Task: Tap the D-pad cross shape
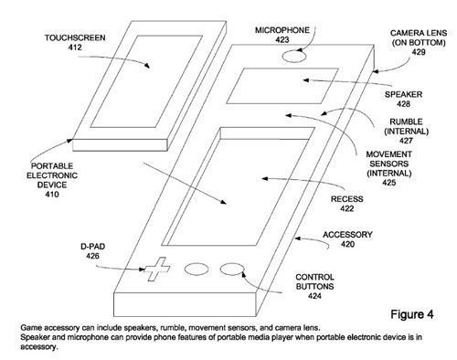tap(157, 270)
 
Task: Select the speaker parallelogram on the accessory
tap(282, 86)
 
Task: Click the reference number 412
tap(75, 48)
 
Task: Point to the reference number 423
tap(282, 40)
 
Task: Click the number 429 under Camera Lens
tap(419, 52)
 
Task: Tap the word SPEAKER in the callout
tap(403, 94)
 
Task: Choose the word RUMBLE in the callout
tap(406, 122)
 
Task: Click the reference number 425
tap(389, 183)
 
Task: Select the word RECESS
tap(347, 199)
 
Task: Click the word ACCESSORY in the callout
tap(347, 235)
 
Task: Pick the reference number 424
tap(314, 296)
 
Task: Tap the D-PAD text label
tap(92, 247)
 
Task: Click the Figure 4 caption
tap(412, 314)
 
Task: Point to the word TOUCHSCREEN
tap(75, 38)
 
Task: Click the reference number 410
tap(52, 195)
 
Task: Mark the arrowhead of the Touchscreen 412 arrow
tap(147, 66)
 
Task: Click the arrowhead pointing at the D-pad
tap(142, 270)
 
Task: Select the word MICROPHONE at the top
tap(282, 30)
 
